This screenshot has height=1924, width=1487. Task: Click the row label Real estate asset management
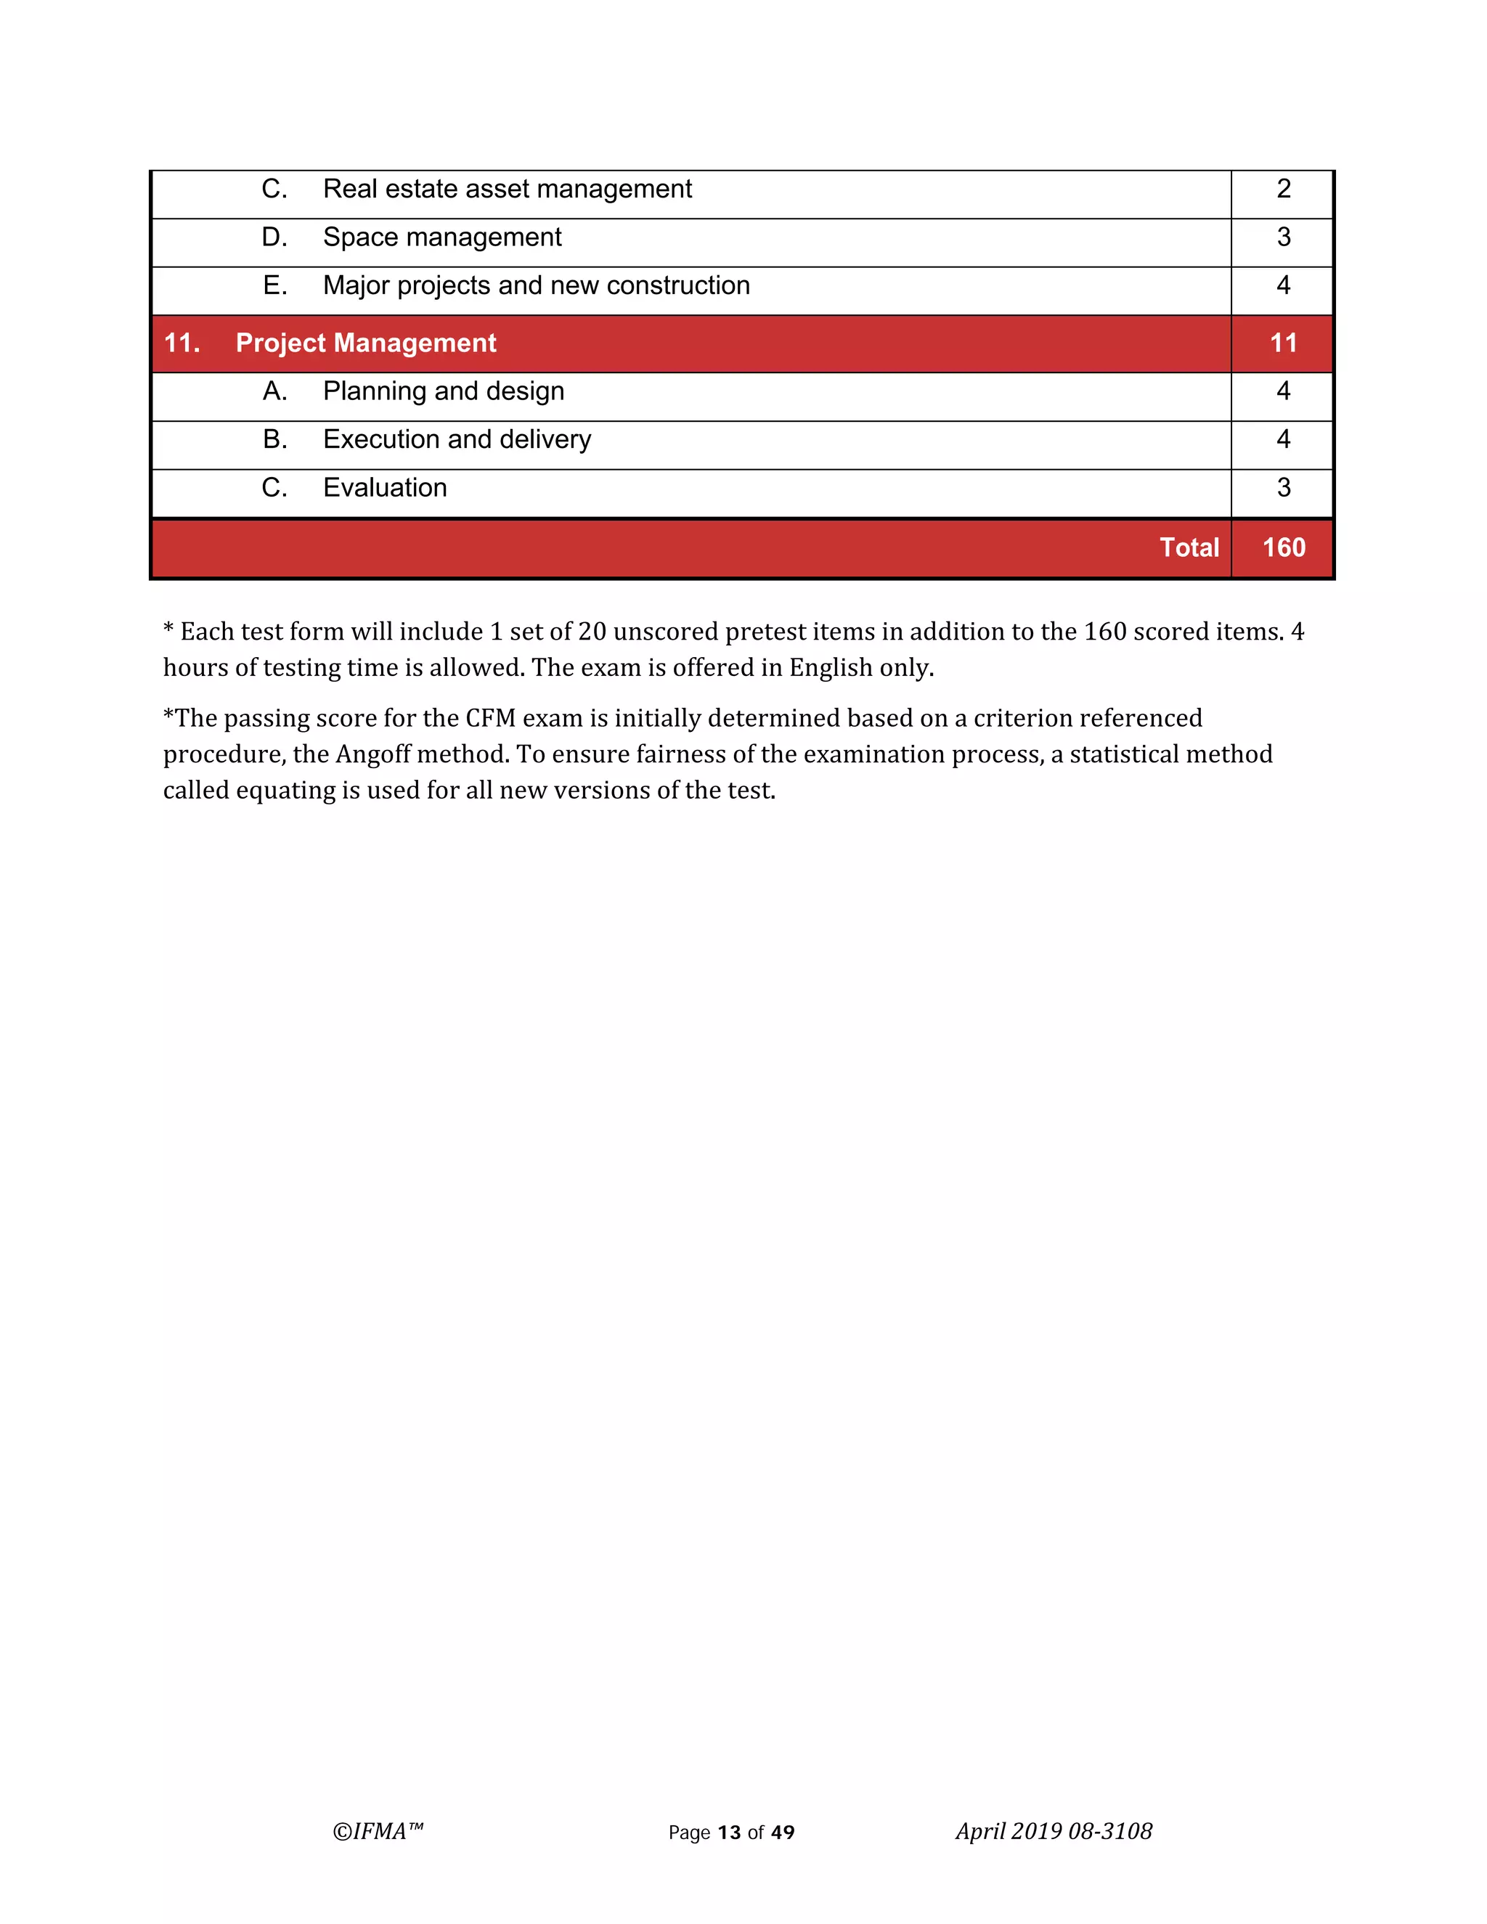[x=507, y=189]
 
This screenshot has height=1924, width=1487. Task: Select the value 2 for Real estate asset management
[x=1284, y=189]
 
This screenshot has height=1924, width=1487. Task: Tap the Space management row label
[x=441, y=238]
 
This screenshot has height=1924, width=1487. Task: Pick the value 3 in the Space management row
[x=1284, y=238]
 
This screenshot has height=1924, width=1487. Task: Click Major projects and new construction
[x=536, y=286]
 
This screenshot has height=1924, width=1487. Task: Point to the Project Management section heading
[x=366, y=343]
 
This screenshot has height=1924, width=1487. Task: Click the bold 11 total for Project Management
[x=1284, y=343]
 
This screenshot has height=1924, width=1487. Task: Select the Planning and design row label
[x=443, y=391]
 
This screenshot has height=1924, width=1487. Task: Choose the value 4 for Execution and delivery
[x=1284, y=439]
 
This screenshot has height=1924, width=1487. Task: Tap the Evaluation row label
[x=385, y=488]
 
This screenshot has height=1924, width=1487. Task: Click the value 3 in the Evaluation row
[x=1284, y=488]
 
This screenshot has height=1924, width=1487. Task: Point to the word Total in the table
[x=1189, y=548]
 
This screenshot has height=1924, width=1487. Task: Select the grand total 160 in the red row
[x=1284, y=548]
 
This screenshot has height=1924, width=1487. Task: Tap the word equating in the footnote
[x=285, y=791]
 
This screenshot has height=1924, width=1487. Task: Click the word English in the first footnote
[x=830, y=669]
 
